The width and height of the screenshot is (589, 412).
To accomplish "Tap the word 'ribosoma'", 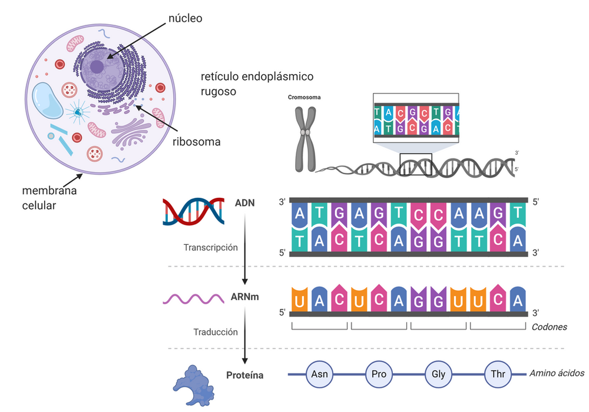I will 196,141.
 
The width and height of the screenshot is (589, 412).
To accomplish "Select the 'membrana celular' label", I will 49,198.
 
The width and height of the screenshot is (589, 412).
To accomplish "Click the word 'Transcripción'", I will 210,247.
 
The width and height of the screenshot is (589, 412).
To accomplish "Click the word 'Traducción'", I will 216,332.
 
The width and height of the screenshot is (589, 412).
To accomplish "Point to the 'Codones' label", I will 549,327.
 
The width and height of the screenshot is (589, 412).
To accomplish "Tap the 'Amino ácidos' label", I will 556,373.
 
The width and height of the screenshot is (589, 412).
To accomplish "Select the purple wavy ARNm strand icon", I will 193,298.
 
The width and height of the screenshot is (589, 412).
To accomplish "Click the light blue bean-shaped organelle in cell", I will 47,101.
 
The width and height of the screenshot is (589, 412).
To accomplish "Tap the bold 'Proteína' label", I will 244,375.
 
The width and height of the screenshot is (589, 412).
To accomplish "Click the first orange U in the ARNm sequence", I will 300,300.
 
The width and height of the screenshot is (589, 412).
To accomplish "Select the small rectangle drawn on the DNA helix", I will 415,165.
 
